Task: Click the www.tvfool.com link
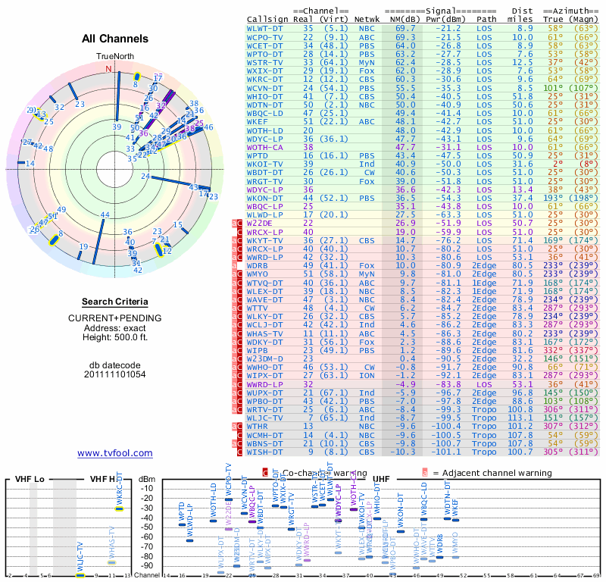pyautogui.click(x=114, y=453)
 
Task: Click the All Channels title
pyautogui.click(x=114, y=39)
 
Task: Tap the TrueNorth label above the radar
pyautogui.click(x=114, y=57)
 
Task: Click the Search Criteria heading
pyautogui.click(x=114, y=301)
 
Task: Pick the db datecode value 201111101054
pyautogui.click(x=114, y=374)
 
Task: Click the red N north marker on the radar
pyautogui.click(x=108, y=69)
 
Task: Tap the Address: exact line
pyautogui.click(x=114, y=328)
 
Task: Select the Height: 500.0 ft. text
pyautogui.click(x=114, y=338)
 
